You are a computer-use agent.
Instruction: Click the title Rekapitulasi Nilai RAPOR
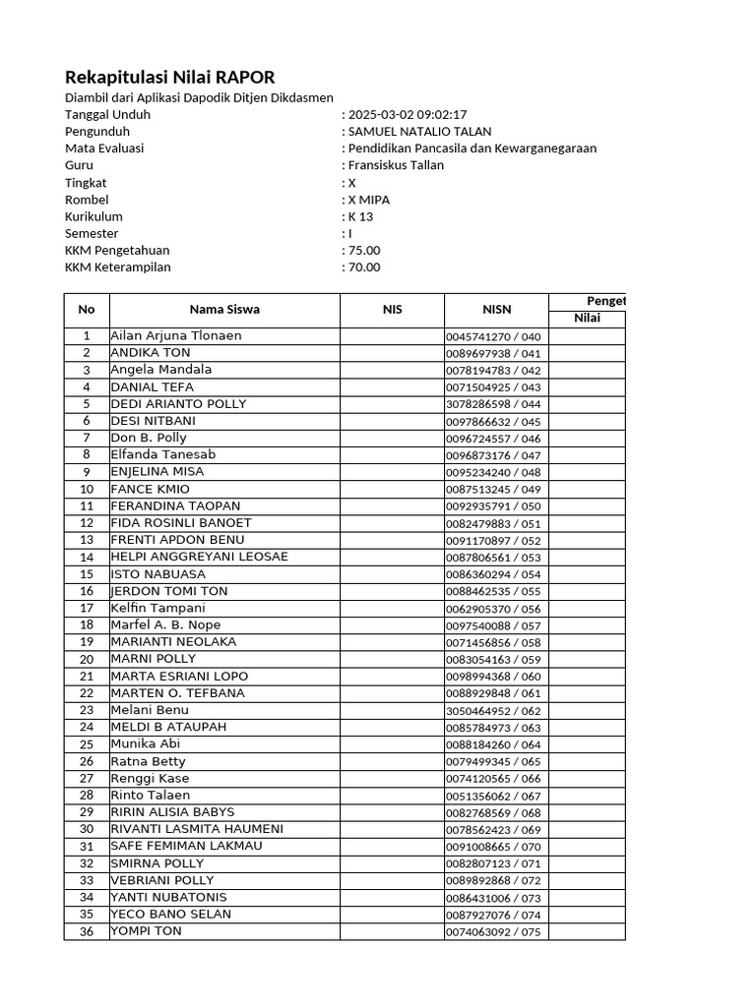coord(169,77)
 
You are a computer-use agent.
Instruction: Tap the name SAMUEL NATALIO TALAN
coord(419,131)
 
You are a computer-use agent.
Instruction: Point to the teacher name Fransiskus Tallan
coord(396,165)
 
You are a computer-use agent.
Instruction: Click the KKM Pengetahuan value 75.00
coord(364,250)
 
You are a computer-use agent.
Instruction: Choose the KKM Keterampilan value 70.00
coord(364,267)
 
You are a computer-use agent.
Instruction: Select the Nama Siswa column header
coord(224,310)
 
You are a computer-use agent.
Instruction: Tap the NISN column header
coord(496,310)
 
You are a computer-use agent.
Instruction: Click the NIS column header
coord(392,310)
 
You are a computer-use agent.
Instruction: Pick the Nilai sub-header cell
coord(587,319)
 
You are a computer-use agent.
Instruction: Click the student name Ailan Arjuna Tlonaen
coord(176,336)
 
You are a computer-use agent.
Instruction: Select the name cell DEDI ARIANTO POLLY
coord(178,404)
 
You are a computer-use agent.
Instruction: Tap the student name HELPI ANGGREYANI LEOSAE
coord(199,557)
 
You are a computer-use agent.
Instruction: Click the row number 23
coord(87,710)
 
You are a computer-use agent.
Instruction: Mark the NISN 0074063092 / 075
coord(493,931)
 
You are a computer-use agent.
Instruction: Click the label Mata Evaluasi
coord(104,148)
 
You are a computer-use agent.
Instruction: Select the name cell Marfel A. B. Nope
coord(165,625)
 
